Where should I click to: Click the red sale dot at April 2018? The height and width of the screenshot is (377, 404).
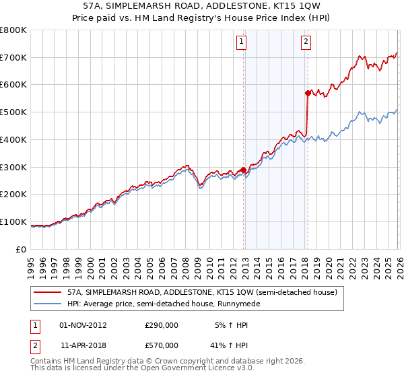coord(308,93)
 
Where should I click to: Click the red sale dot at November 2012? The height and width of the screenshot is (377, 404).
coord(243,170)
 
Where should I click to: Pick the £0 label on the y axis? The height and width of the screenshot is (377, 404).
coord(20,249)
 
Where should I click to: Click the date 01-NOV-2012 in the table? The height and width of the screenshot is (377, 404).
coord(83,324)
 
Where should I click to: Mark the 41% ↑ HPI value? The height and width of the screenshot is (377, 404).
coord(230,345)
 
